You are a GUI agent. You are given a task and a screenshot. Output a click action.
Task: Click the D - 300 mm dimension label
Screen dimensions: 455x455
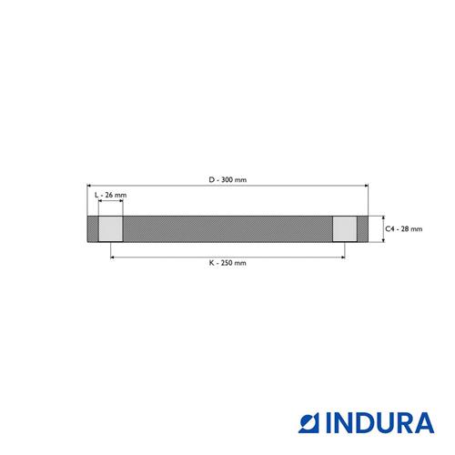coord(227,179)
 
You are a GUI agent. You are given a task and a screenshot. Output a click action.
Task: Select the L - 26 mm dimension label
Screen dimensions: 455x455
coord(110,195)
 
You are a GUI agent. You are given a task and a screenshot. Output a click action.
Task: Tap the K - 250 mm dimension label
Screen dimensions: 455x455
coord(227,263)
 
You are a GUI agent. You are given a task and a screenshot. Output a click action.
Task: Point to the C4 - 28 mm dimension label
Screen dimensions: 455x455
coord(403,229)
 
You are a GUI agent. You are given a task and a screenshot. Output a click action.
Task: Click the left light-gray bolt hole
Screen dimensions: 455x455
coord(111,229)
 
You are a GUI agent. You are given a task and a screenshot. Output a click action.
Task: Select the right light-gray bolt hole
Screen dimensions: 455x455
coord(345,229)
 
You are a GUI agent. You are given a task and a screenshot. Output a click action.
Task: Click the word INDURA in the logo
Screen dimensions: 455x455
coord(380,422)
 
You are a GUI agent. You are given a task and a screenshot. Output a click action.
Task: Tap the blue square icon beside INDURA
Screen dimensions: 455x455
coord(309,422)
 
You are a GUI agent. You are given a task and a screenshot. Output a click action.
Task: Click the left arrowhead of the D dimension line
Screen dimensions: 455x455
coord(89,186)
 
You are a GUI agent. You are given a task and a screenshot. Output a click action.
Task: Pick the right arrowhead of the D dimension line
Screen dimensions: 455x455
coord(366,186)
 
